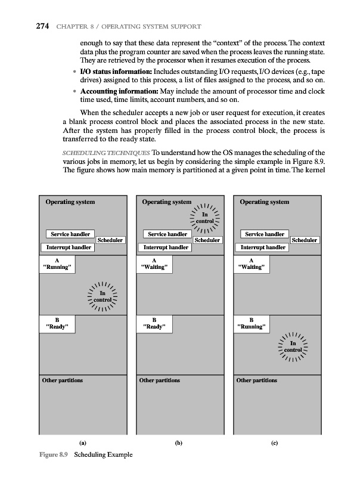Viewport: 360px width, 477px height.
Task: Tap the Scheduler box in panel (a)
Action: pos(110,240)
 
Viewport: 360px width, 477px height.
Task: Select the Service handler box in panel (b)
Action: pos(166,234)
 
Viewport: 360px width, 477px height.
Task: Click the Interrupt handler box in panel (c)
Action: pos(263,247)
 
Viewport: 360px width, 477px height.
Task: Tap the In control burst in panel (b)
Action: pos(204,219)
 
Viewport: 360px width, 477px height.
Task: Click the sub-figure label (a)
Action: pos(83,442)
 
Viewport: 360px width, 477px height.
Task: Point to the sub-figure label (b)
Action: pos(178,442)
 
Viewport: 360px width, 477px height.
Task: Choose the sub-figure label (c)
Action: pos(277,442)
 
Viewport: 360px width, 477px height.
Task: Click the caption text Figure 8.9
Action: pos(51,455)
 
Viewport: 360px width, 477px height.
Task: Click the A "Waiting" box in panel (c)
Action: pos(253,264)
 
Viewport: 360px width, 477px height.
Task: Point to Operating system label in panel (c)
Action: pos(264,202)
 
